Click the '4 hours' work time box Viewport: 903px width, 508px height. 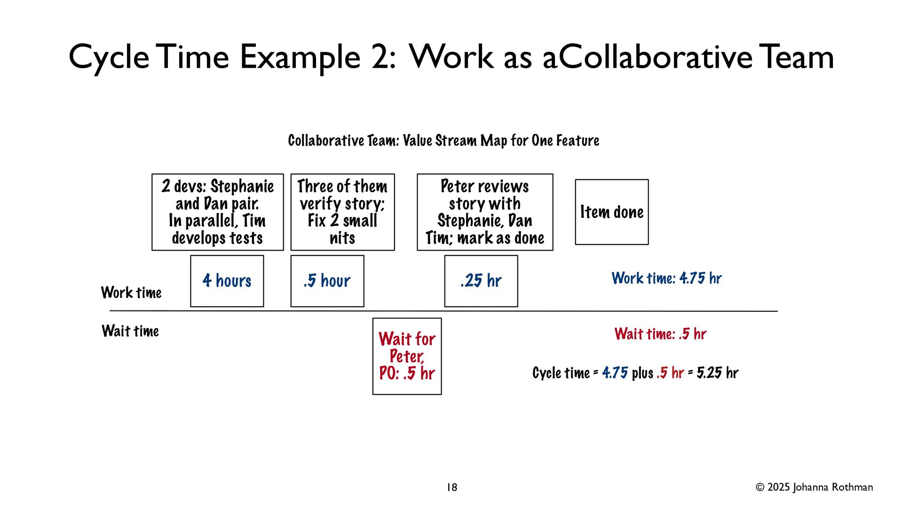coord(227,281)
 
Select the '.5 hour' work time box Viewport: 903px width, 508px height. coord(327,281)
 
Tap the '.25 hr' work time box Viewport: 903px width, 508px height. coord(481,281)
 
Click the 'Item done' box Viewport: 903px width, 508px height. coord(611,212)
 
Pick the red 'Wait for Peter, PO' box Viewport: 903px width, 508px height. coord(407,356)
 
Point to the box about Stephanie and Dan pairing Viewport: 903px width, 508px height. coord(217,212)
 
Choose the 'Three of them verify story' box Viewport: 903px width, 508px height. coord(342,212)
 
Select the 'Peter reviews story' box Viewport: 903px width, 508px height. coord(485,212)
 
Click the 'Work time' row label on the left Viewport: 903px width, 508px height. coord(131,293)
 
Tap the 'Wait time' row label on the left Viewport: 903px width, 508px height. coord(130,331)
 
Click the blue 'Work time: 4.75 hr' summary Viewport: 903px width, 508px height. coord(666,278)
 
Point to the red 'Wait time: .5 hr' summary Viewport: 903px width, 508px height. coord(660,334)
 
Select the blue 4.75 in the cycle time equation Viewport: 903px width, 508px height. coord(615,373)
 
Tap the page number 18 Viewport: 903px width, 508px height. coord(451,487)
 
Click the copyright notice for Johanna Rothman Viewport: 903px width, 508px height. coord(814,487)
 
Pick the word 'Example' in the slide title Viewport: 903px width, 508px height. coord(300,57)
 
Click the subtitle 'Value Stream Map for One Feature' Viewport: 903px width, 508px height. coord(501,141)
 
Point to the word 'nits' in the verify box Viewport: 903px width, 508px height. coord(342,238)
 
